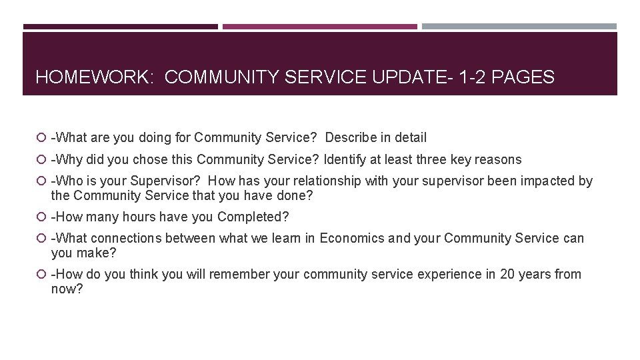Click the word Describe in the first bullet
coord(351,138)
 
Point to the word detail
coord(410,138)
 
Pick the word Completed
coord(253,217)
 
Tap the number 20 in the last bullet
coord(507,275)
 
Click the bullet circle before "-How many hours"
coord(42,217)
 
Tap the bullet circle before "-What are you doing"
coord(42,138)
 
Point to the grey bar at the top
coord(519,27)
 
